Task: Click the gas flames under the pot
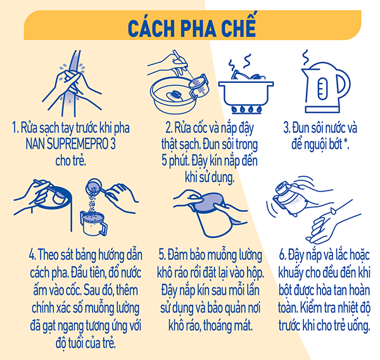246,109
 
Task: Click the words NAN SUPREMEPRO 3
71,144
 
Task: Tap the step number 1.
15,128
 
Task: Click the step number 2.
168,128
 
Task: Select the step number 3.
287,128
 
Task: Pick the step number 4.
32,255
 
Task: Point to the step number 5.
162,255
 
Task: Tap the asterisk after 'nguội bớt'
346,142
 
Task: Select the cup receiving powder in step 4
94,223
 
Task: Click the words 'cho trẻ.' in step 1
71,160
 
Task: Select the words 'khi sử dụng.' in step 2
210,177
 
